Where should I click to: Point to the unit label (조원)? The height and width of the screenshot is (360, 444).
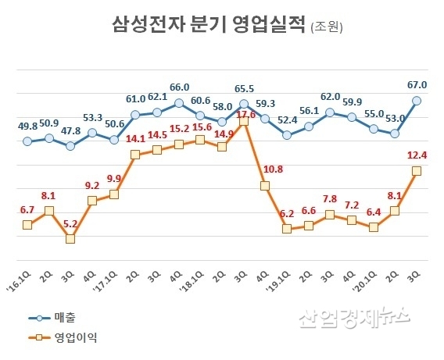coord(327,27)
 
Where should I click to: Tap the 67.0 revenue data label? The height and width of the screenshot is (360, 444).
coord(417,84)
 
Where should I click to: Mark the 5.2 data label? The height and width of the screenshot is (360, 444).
coord(70,223)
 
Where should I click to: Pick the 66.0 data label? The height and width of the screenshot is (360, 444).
coord(180,87)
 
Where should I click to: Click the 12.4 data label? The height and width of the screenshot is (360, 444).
coord(417,155)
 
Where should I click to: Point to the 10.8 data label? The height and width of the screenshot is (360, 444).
coord(267,169)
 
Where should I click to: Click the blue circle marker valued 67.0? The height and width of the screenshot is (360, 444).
coord(417,100)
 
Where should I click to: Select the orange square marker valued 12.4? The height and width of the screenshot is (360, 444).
coord(417,171)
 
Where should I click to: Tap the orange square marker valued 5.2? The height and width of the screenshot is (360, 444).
coord(70,239)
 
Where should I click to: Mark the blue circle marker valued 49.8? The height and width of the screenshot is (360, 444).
coord(27,141)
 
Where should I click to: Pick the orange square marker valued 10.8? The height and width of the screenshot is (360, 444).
coord(265,186)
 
